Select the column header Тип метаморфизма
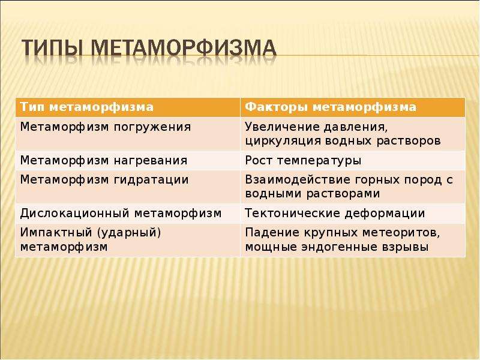tap(87, 107)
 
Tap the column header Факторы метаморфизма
tap(331, 107)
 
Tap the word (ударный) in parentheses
tap(129, 233)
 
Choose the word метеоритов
tap(401, 233)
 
